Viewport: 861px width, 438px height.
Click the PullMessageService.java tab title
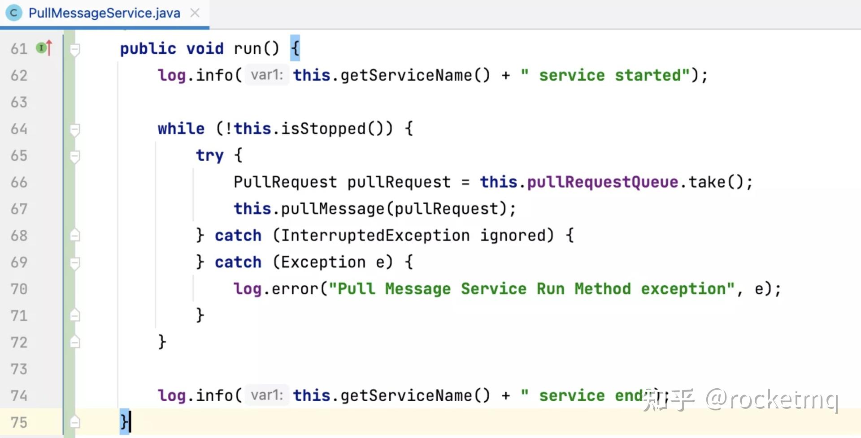click(104, 13)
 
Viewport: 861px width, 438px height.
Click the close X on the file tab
click(195, 13)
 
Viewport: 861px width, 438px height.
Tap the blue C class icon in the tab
click(13, 13)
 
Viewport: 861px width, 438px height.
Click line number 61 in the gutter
click(19, 48)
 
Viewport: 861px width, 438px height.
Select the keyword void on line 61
click(204, 48)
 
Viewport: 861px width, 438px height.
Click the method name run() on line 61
click(256, 48)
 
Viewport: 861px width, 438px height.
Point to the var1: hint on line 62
click(267, 75)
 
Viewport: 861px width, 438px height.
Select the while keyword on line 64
click(181, 129)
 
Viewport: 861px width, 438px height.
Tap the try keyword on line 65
click(209, 155)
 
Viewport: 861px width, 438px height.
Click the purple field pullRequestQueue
click(602, 182)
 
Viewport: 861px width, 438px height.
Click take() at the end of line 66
click(716, 182)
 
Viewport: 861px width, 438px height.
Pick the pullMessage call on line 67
click(332, 209)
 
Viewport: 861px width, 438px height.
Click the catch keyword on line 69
click(238, 262)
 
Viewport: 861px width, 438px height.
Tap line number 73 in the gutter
click(19, 369)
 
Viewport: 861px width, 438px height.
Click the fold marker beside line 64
click(75, 130)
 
